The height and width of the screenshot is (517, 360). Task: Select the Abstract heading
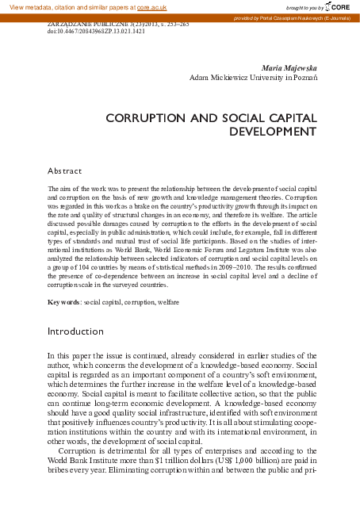65,170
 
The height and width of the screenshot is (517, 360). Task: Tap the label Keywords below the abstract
63,303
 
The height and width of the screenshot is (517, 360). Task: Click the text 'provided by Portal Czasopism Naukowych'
284,17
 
